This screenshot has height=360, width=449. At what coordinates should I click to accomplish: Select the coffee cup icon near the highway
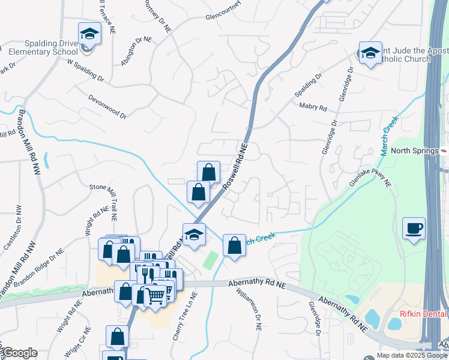(x=414, y=229)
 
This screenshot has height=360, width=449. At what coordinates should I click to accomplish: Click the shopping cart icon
(x=156, y=295)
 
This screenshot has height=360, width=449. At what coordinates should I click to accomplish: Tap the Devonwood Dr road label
(x=107, y=106)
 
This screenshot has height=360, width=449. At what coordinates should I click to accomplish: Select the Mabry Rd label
(x=313, y=107)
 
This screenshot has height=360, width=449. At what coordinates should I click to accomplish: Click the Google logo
(x=19, y=353)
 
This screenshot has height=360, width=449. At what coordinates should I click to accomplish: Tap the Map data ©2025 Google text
(x=411, y=355)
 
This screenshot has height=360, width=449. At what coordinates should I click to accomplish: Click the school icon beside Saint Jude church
(x=370, y=52)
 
